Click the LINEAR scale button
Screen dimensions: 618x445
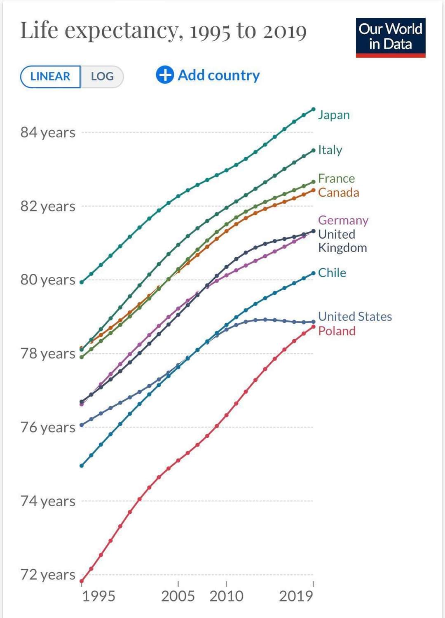(50, 77)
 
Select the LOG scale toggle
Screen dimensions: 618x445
(102, 77)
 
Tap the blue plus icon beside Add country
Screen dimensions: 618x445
(165, 75)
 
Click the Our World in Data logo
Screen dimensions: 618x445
(390, 37)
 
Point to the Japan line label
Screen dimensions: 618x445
(334, 115)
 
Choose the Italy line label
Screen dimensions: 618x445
(330, 150)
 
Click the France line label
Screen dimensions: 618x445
(336, 179)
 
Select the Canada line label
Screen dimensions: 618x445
(338, 193)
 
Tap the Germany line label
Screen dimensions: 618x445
(343, 220)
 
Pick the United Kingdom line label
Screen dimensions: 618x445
(342, 241)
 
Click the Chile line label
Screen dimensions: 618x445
(332, 273)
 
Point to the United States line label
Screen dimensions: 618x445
(355, 317)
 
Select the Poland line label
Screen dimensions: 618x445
(337, 331)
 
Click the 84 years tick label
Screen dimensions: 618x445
(48, 133)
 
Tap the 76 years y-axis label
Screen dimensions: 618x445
(48, 428)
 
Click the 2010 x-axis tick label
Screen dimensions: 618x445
(226, 596)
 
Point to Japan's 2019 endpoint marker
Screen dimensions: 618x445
(313, 109)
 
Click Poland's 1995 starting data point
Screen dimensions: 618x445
(82, 581)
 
